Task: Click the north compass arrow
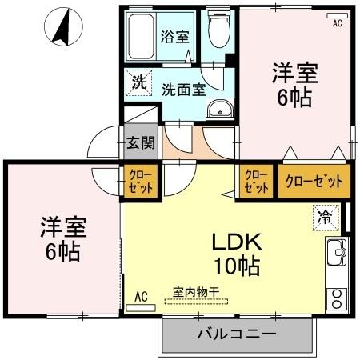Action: (61, 28)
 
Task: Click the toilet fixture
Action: (217, 32)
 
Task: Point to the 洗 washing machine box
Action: (138, 82)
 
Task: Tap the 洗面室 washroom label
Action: (185, 90)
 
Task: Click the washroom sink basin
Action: (218, 109)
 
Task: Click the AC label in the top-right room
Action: (337, 23)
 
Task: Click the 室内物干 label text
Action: (196, 292)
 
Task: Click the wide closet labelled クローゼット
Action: (314, 182)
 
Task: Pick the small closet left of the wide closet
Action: (256, 182)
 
